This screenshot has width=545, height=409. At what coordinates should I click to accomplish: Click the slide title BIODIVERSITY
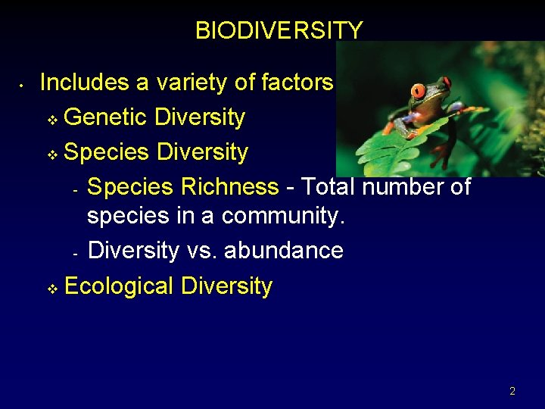[279, 30]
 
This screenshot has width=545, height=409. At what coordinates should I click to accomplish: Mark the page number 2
[512, 392]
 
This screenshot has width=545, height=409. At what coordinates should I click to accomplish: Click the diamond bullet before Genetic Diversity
[51, 120]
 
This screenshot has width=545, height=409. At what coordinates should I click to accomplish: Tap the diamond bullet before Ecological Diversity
[51, 289]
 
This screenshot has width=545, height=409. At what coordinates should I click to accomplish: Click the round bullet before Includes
[23, 84]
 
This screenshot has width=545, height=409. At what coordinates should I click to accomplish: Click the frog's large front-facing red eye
[418, 92]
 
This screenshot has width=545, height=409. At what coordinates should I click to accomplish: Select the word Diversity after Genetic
[199, 117]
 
